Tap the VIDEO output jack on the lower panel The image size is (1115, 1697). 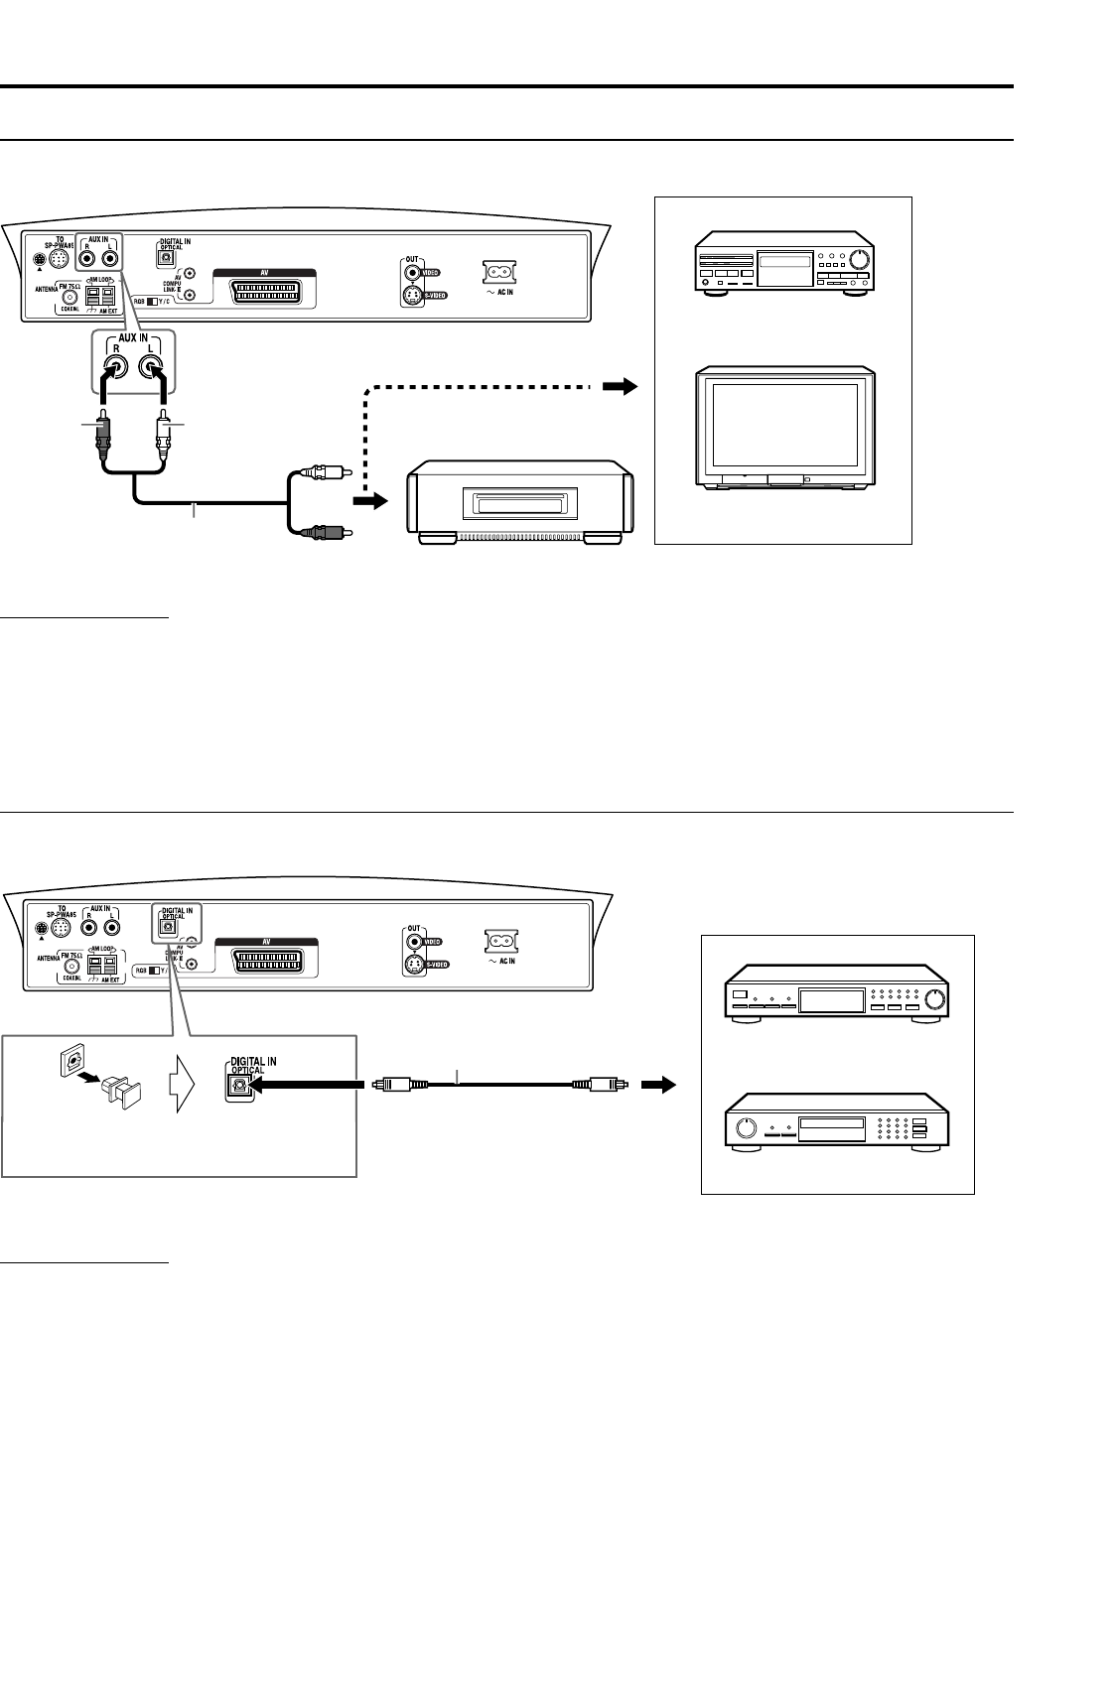point(413,939)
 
